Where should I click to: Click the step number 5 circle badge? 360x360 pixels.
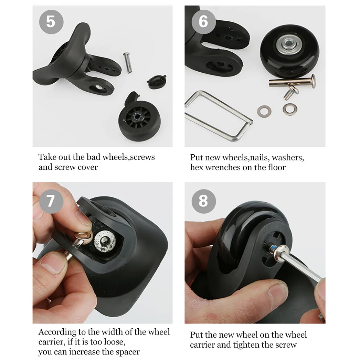coord(51,21)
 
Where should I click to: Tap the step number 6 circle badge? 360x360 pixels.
coord(203,21)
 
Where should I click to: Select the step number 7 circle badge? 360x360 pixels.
coord(51,200)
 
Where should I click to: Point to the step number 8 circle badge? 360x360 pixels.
coord(203,200)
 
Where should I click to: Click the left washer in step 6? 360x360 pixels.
coord(264,111)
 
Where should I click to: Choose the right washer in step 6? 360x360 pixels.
coord(290,109)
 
